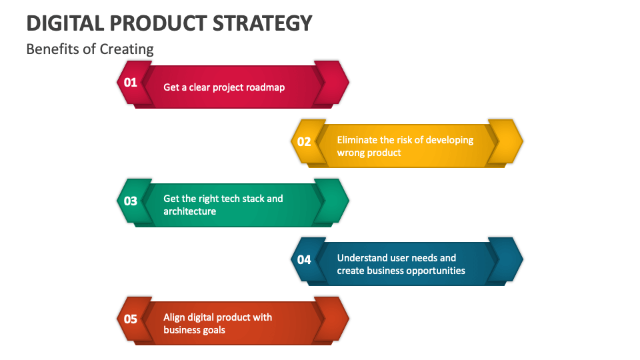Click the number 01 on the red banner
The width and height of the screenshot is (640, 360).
click(130, 83)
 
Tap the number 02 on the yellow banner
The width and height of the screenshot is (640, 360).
click(304, 141)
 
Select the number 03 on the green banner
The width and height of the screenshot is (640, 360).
click(130, 201)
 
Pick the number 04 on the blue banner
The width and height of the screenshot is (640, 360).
click(304, 259)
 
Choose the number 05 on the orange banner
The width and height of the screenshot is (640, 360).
click(130, 319)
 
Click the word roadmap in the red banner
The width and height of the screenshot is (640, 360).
click(265, 87)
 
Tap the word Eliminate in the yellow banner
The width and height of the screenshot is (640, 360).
click(357, 140)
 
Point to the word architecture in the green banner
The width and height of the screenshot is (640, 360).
click(189, 211)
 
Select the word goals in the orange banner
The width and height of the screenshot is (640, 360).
click(213, 330)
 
